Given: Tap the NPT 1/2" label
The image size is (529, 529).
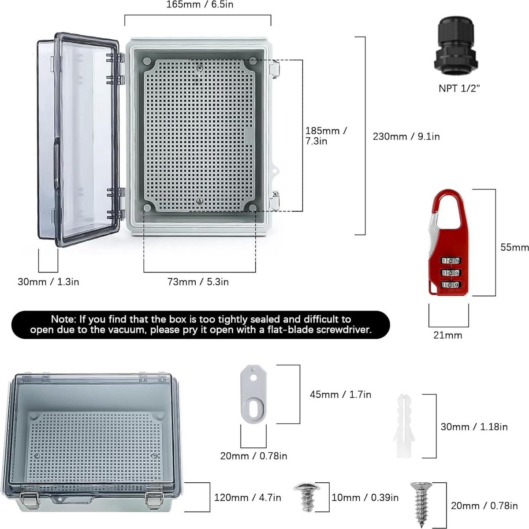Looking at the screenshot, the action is [459, 89].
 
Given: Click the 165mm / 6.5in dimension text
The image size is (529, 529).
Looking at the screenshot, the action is [200, 5].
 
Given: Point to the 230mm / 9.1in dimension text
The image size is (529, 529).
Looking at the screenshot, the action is [406, 136].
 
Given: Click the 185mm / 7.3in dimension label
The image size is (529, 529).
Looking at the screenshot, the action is [326, 136].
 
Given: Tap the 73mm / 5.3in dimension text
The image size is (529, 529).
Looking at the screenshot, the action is [198, 282].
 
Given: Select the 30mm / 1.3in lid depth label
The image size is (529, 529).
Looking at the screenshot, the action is [48, 282].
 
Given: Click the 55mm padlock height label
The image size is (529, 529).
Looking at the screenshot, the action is [514, 247].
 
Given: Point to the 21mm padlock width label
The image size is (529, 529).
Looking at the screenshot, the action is [448, 335].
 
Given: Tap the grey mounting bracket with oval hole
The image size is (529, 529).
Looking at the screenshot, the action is [253, 394].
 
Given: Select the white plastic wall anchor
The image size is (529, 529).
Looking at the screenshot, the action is [404, 426].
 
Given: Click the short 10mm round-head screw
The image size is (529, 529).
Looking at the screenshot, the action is [307, 497].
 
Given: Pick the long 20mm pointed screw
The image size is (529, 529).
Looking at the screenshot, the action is [421, 504].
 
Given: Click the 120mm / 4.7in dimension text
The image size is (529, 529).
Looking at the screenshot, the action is [247, 497].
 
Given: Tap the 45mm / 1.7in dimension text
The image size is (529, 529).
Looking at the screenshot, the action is [340, 395].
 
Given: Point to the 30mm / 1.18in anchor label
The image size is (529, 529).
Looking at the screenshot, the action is [474, 427].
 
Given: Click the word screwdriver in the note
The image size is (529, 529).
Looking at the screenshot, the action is [344, 329].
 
